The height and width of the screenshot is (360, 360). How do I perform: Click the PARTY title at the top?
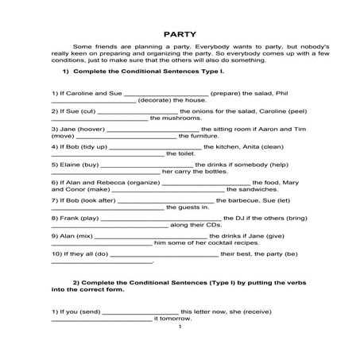(180, 34)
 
